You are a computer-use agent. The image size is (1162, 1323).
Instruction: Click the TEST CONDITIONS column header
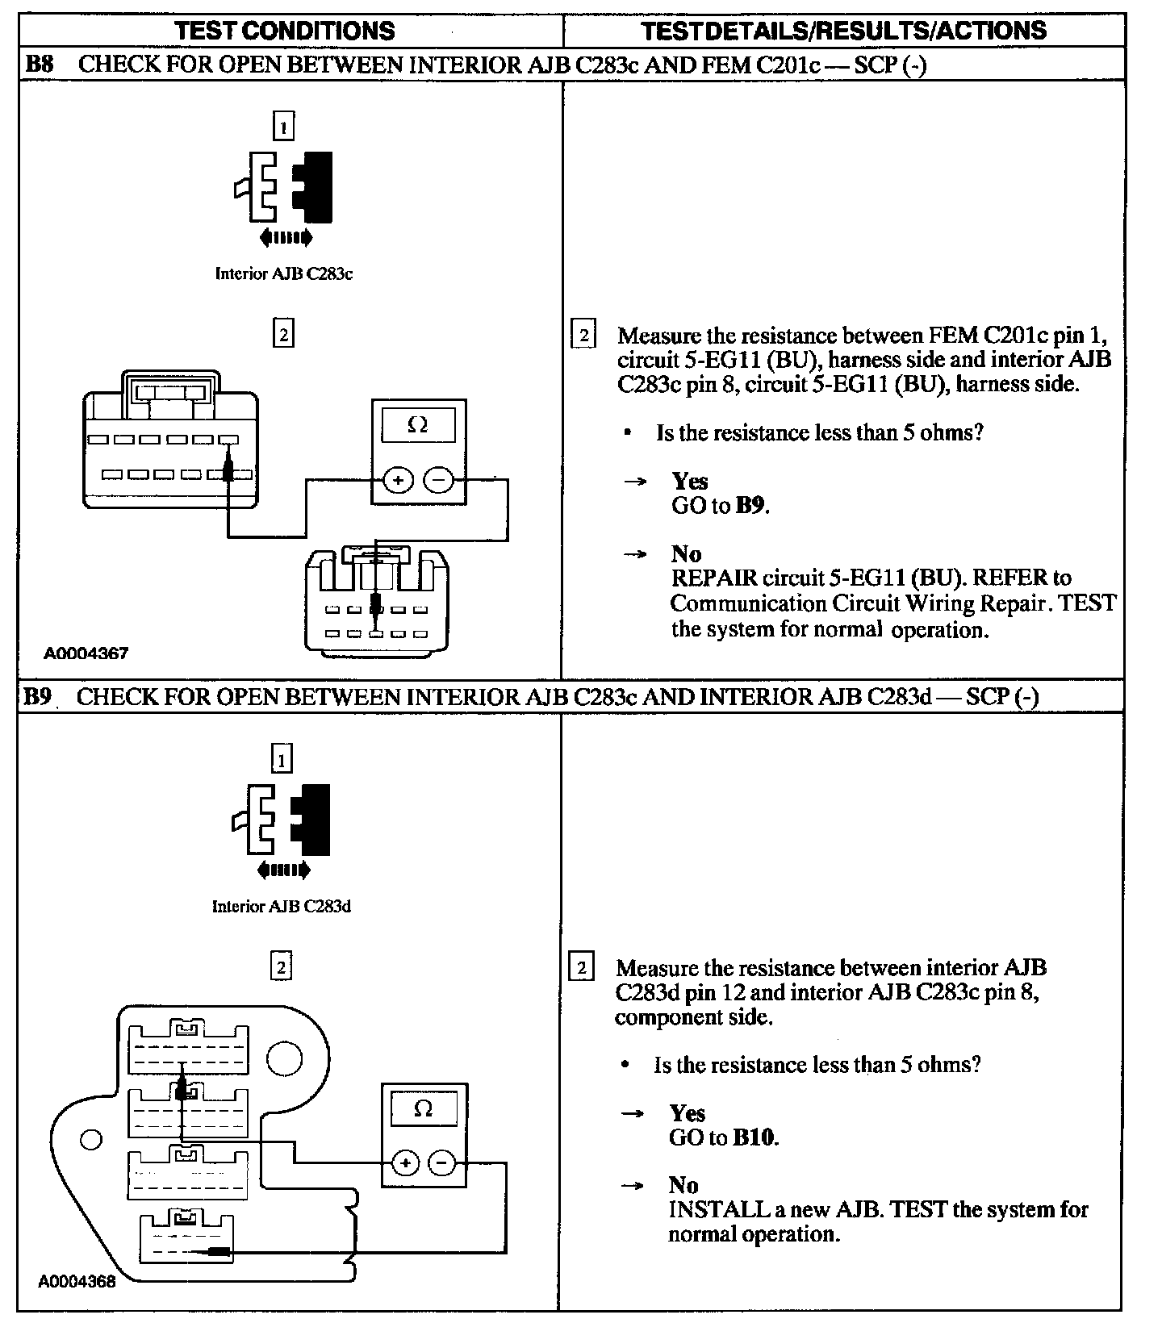click(285, 31)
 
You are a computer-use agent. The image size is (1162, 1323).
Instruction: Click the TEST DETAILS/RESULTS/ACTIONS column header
click(843, 31)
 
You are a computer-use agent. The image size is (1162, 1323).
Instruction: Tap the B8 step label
click(39, 65)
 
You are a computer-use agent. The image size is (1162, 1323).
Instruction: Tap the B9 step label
click(37, 696)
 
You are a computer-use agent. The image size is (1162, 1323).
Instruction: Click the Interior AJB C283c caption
click(283, 273)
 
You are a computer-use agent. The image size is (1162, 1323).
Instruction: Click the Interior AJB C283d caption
click(281, 906)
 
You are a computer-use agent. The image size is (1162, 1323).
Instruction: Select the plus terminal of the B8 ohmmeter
click(397, 481)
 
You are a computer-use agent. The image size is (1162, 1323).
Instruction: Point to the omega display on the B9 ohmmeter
click(423, 1108)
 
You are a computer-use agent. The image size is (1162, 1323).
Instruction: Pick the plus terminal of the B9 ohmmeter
click(405, 1163)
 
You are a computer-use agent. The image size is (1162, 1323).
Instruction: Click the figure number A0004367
click(86, 653)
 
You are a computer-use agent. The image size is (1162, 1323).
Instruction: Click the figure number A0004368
click(77, 1281)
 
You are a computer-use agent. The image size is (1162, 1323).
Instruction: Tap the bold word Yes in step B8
click(690, 481)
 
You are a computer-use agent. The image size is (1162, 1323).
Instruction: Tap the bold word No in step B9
click(683, 1185)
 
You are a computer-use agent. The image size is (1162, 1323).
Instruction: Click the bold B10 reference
click(754, 1137)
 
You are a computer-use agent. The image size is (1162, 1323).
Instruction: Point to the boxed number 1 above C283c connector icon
click(283, 126)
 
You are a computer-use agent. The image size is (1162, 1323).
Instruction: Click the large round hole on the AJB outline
click(284, 1058)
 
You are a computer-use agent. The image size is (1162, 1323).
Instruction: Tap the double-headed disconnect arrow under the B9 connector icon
click(282, 870)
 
